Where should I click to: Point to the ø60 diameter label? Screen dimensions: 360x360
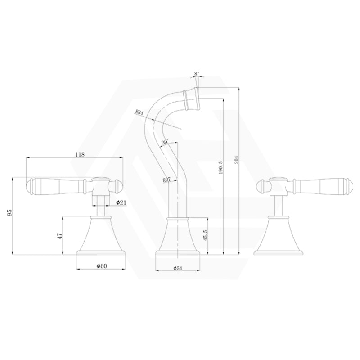(x=101, y=266)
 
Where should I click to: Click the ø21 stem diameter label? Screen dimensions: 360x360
(x=121, y=203)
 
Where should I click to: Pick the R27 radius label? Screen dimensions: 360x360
(x=167, y=180)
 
